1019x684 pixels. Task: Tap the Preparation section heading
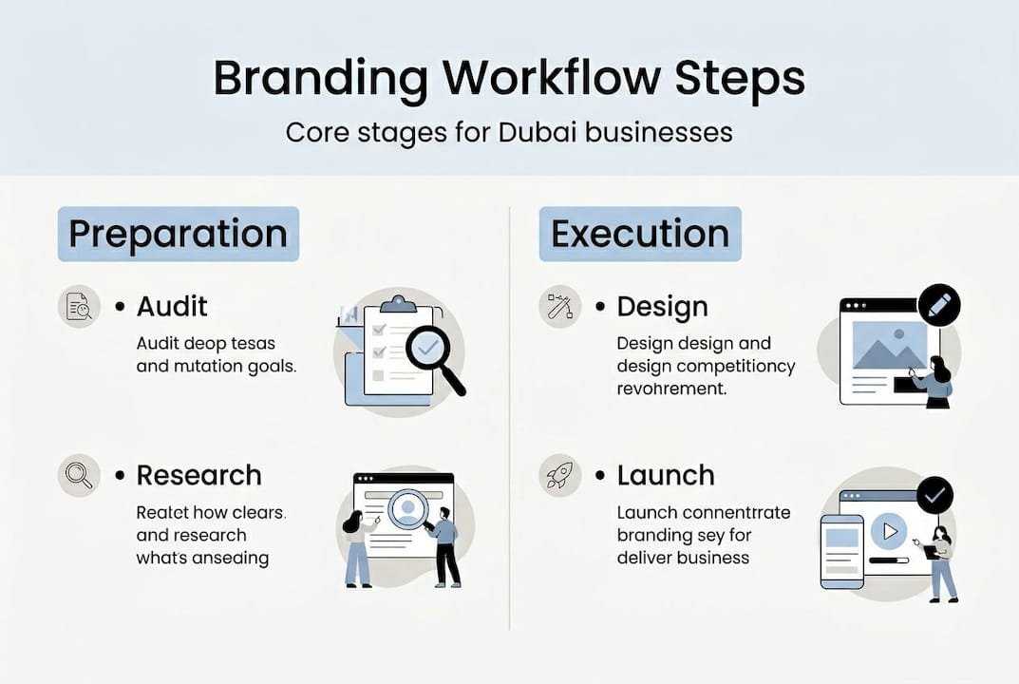click(178, 234)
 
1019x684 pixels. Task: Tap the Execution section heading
click(640, 234)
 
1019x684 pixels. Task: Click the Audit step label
click(172, 306)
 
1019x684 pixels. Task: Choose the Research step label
click(198, 474)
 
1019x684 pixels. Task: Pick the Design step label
click(662, 307)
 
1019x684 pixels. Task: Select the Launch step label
click(666, 475)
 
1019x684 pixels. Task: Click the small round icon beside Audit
click(79, 307)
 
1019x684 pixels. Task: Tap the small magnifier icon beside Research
click(79, 474)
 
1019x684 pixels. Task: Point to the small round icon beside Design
click(559, 307)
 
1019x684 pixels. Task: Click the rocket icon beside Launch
click(559, 475)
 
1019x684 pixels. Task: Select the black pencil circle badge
click(939, 306)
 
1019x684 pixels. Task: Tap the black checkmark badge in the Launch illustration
click(935, 495)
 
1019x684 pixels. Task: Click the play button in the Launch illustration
click(889, 531)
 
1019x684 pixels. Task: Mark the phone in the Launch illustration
click(841, 552)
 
